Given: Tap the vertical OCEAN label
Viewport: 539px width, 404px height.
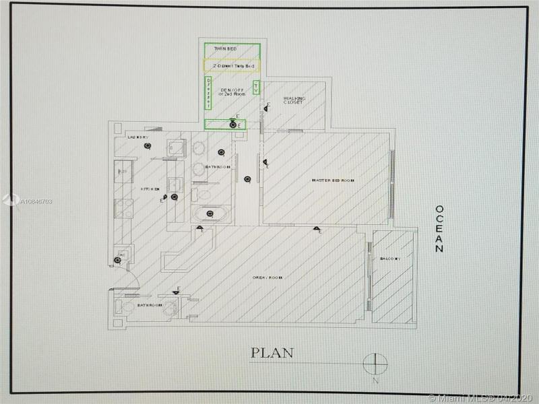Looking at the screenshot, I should (x=439, y=229).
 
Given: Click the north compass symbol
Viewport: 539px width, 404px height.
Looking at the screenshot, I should (x=375, y=364).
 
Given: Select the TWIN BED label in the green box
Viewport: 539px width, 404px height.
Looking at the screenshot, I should (x=225, y=49).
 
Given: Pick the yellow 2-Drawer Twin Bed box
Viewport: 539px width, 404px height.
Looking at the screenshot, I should (x=232, y=66).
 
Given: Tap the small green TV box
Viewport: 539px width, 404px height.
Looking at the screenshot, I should (x=256, y=88).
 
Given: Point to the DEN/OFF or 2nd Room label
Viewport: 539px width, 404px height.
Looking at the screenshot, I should (x=231, y=92).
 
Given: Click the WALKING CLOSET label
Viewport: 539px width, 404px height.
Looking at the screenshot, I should (x=295, y=101).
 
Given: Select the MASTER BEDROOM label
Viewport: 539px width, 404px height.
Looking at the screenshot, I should (x=332, y=180).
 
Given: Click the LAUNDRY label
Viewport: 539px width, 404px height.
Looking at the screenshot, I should (x=137, y=137).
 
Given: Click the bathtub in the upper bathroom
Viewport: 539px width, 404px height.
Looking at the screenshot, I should (x=210, y=214).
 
